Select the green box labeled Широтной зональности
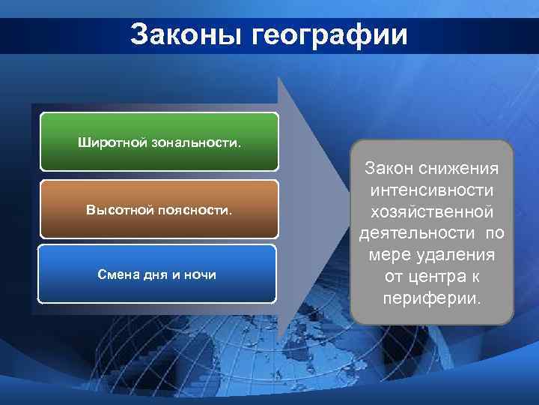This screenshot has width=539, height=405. click(x=159, y=142)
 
